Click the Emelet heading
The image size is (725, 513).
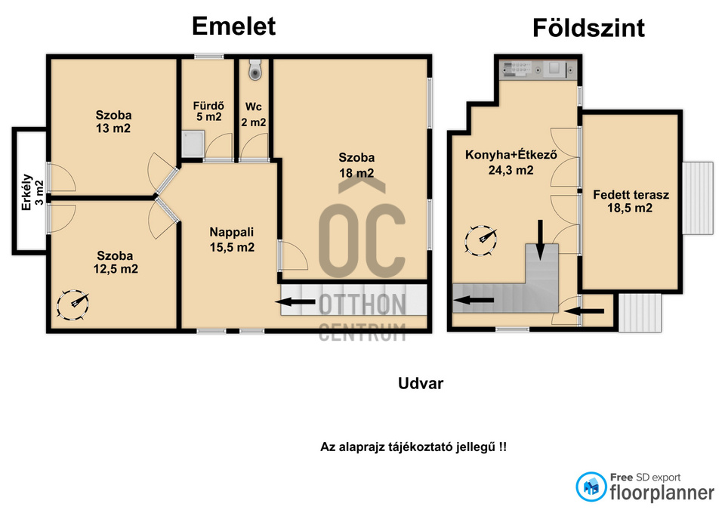(x=233, y=26)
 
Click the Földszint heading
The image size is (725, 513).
(x=588, y=28)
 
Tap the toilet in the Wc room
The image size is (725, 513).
(x=255, y=69)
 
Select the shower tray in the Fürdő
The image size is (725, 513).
(x=193, y=144)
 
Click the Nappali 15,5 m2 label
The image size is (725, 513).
(x=232, y=240)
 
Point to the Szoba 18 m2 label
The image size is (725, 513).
(x=356, y=165)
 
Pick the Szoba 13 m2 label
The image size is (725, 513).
(x=113, y=122)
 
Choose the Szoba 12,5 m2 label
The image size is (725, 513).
(x=115, y=262)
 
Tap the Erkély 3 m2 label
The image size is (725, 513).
(x=32, y=191)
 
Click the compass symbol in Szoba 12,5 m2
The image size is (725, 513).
(x=72, y=304)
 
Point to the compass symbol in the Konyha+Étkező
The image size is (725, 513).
(x=481, y=240)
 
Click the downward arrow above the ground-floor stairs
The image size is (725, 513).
(x=540, y=240)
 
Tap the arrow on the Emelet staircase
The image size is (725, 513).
(x=295, y=302)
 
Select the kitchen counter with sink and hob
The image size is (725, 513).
(x=538, y=70)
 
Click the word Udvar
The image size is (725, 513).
(x=421, y=383)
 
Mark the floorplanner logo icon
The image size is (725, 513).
(x=591, y=487)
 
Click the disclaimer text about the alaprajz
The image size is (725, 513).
(x=413, y=447)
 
